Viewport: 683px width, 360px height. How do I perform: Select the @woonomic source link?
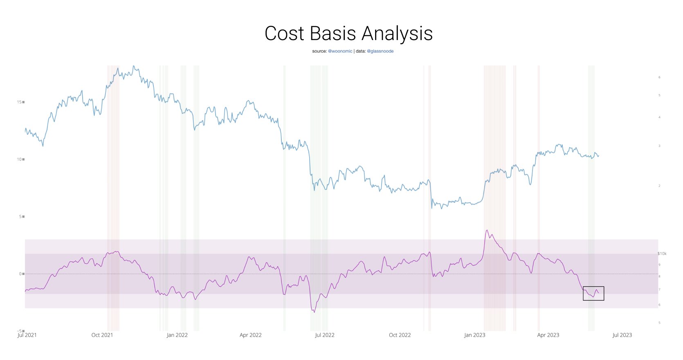pyautogui.click(x=340, y=51)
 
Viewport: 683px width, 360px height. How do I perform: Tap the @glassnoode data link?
pyautogui.click(x=380, y=51)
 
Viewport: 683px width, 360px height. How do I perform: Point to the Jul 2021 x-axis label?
pyautogui.click(x=27, y=335)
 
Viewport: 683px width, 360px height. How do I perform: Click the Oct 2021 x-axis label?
pyautogui.click(x=102, y=335)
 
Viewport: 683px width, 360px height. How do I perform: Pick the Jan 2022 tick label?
pyautogui.click(x=177, y=335)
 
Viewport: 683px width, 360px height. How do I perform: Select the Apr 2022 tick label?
pyautogui.click(x=250, y=335)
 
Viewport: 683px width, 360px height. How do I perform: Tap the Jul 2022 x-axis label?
pyautogui.click(x=324, y=335)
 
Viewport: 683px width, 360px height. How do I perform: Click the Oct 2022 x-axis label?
pyautogui.click(x=400, y=335)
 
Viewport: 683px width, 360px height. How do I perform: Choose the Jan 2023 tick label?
pyautogui.click(x=474, y=335)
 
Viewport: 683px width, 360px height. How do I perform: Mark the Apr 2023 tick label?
pyautogui.click(x=548, y=335)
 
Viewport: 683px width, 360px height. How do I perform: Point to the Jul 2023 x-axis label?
pyautogui.click(x=622, y=335)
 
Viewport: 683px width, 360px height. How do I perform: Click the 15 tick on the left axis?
pyautogui.click(x=19, y=102)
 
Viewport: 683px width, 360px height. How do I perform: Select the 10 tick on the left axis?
pyautogui.click(x=19, y=159)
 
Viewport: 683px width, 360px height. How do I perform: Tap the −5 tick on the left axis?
pyautogui.click(x=19, y=331)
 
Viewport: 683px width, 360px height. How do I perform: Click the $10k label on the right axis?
pyautogui.click(x=662, y=254)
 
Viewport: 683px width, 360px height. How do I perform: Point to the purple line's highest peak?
pyautogui.click(x=487, y=230)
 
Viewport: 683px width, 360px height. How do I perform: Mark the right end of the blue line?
pyautogui.click(x=599, y=155)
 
